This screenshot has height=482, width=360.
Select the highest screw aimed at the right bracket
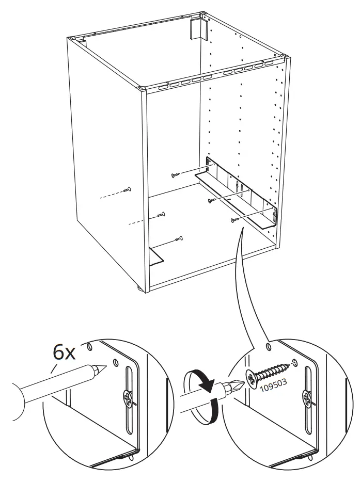pyautogui.click(x=175, y=175)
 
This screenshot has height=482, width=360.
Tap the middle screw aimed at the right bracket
pyautogui.click(x=212, y=200)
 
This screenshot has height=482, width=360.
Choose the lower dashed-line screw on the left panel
pyautogui.click(x=161, y=214)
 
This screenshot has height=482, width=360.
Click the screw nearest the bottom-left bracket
pyautogui.click(x=179, y=239)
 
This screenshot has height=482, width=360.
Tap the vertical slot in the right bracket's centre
pyautogui.click(x=237, y=188)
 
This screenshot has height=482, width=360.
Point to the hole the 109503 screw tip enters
pyautogui.click(x=295, y=363)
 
